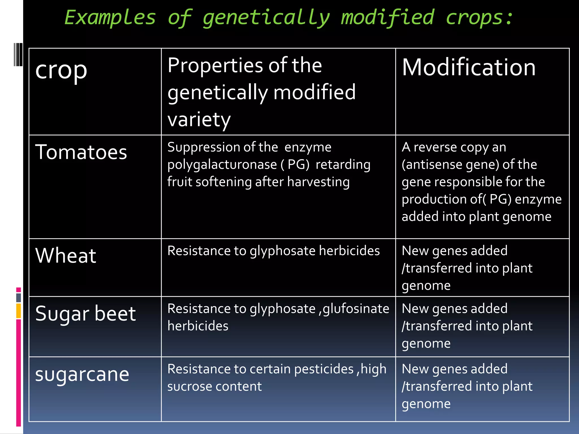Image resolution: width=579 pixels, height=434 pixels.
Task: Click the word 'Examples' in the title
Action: (110, 18)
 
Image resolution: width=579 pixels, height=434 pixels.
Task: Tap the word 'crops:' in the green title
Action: (479, 18)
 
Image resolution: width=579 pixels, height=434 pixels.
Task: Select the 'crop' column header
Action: (61, 71)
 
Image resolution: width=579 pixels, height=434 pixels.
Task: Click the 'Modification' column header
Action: (468, 68)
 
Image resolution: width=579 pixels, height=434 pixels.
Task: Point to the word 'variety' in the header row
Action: (199, 119)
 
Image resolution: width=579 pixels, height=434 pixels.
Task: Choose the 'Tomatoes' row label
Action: (81, 152)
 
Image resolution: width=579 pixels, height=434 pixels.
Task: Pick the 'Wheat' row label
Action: (66, 256)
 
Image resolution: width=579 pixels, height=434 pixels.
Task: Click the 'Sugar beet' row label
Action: (85, 314)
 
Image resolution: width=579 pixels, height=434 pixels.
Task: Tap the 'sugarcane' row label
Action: (82, 374)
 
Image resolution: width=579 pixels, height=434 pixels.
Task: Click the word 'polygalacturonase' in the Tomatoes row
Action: (222, 165)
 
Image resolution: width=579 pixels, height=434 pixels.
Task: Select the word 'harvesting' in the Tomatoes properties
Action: (318, 182)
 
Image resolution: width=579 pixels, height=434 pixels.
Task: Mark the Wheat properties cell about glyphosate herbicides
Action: (273, 251)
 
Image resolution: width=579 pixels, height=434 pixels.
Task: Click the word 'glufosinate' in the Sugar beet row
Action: (356, 309)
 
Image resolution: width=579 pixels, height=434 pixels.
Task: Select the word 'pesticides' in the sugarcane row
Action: (324, 369)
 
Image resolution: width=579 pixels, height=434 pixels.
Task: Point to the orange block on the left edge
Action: (19, 311)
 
